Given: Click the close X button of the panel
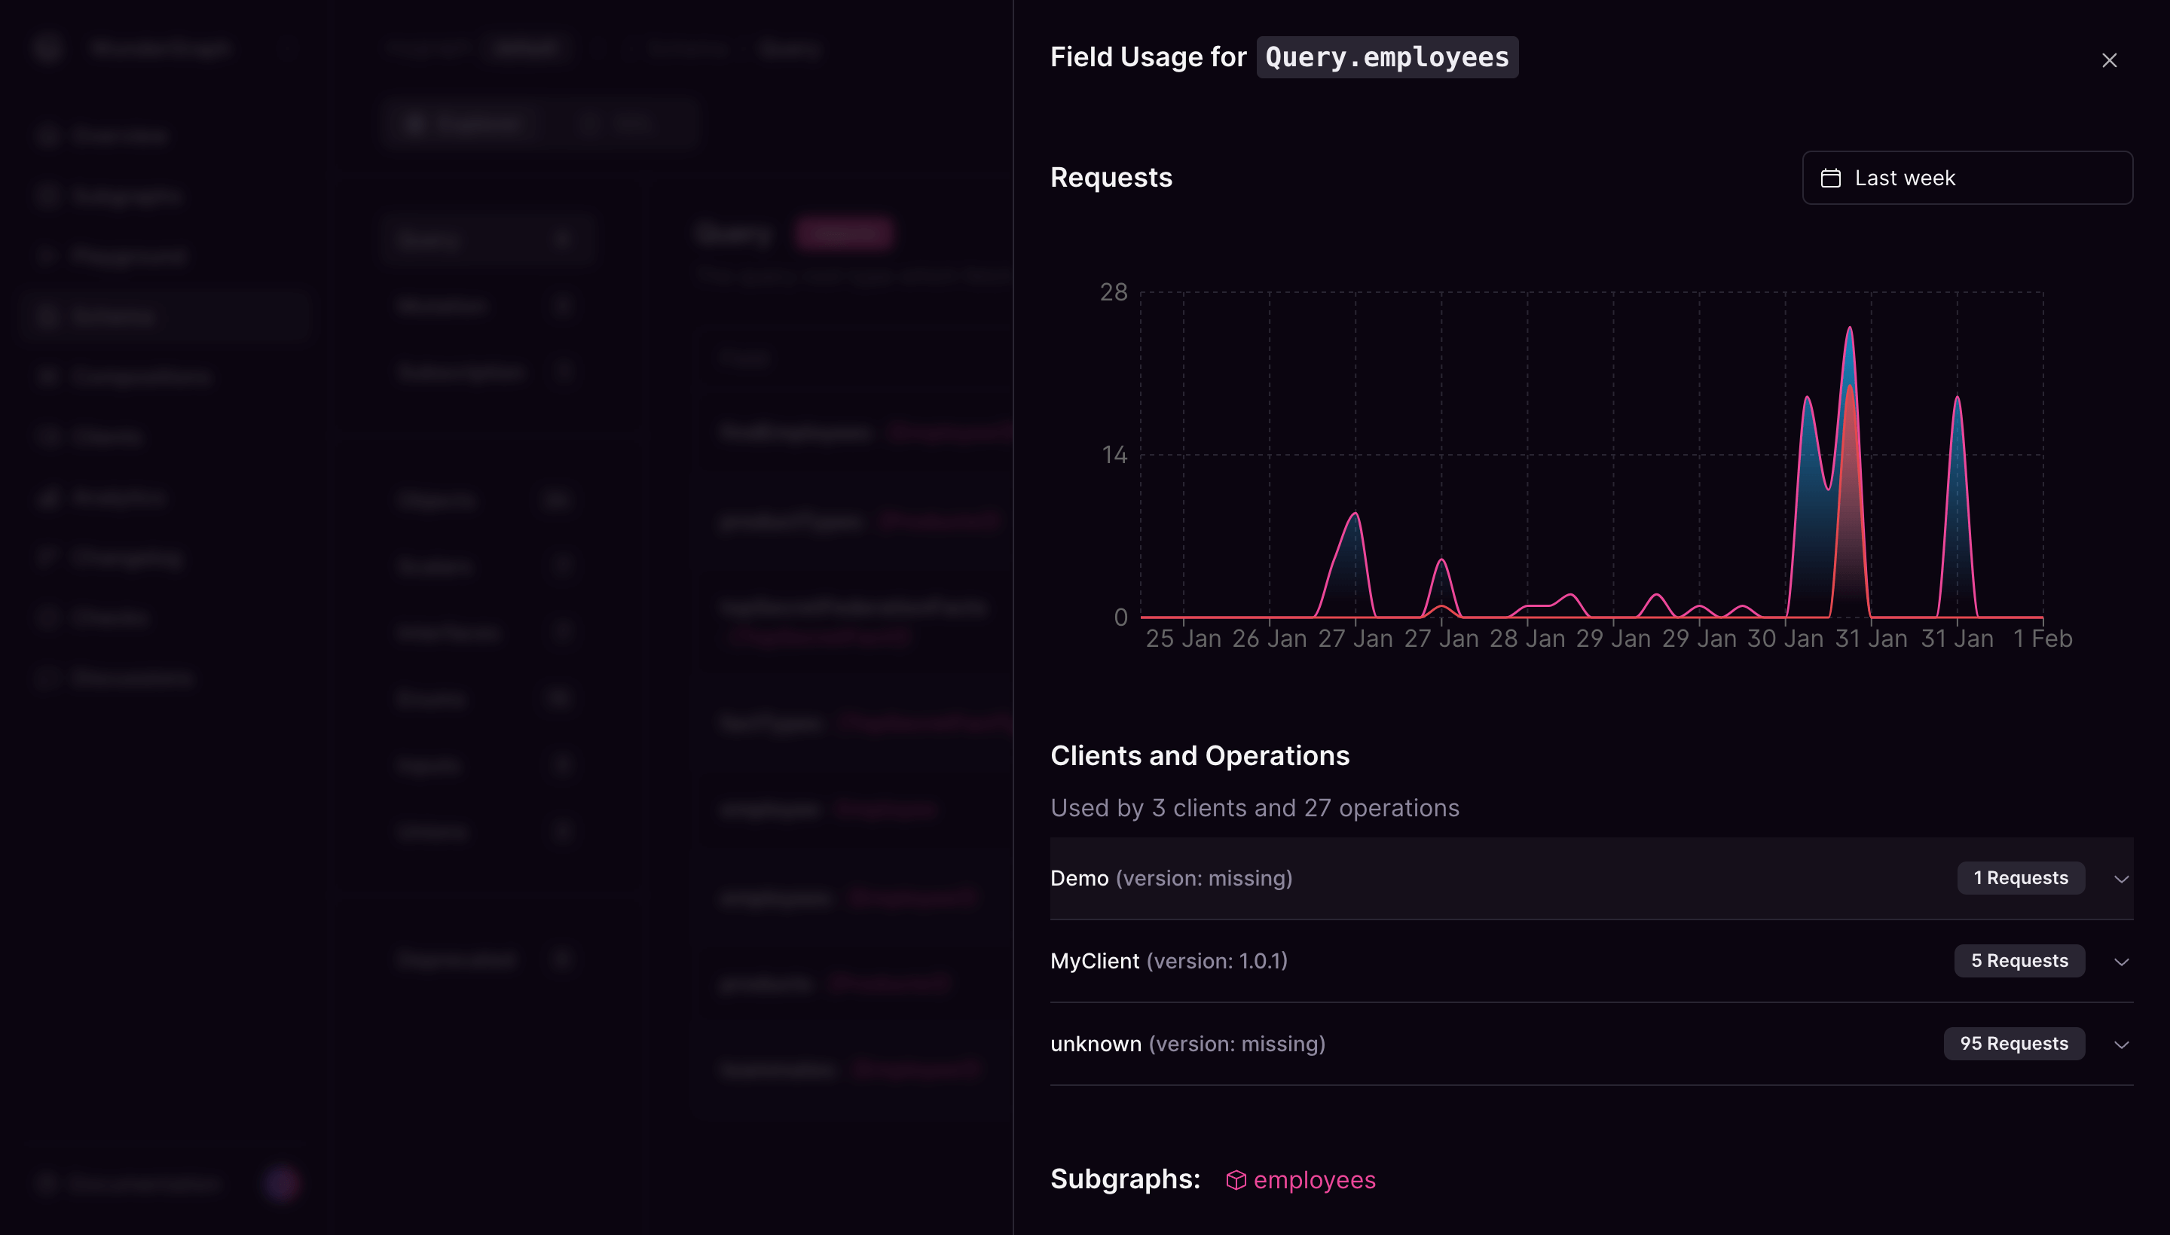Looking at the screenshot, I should coord(2109,60).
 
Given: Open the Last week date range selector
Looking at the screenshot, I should coord(1967,178).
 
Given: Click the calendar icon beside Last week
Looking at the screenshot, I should coord(1830,178).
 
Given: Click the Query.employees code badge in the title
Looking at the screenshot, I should coord(1386,56).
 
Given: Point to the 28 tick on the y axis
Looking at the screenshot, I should coord(1114,293).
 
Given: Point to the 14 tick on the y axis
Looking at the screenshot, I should coord(1114,456).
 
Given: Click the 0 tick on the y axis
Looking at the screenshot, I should coord(1120,617).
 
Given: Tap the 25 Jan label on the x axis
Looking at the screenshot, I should coord(1183,639).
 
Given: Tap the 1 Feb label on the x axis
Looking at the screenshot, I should coord(2042,639).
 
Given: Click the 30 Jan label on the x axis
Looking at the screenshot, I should coord(1785,639).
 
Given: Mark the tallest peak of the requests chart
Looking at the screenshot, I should coord(1849,328).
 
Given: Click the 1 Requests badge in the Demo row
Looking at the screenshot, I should coord(2020,878).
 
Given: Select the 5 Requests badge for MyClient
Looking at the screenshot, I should coord(2019,961).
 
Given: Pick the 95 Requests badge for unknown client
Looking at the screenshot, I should coord(2013,1044).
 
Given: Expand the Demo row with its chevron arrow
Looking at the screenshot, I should coord(2121,879).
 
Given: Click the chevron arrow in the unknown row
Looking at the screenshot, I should coord(2121,1045).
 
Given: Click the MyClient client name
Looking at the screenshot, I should coord(1094,961).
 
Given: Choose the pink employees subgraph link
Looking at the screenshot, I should coord(1314,1180).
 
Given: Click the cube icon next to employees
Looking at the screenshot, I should coord(1236,1180).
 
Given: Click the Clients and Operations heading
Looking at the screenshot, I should coord(1199,756).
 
